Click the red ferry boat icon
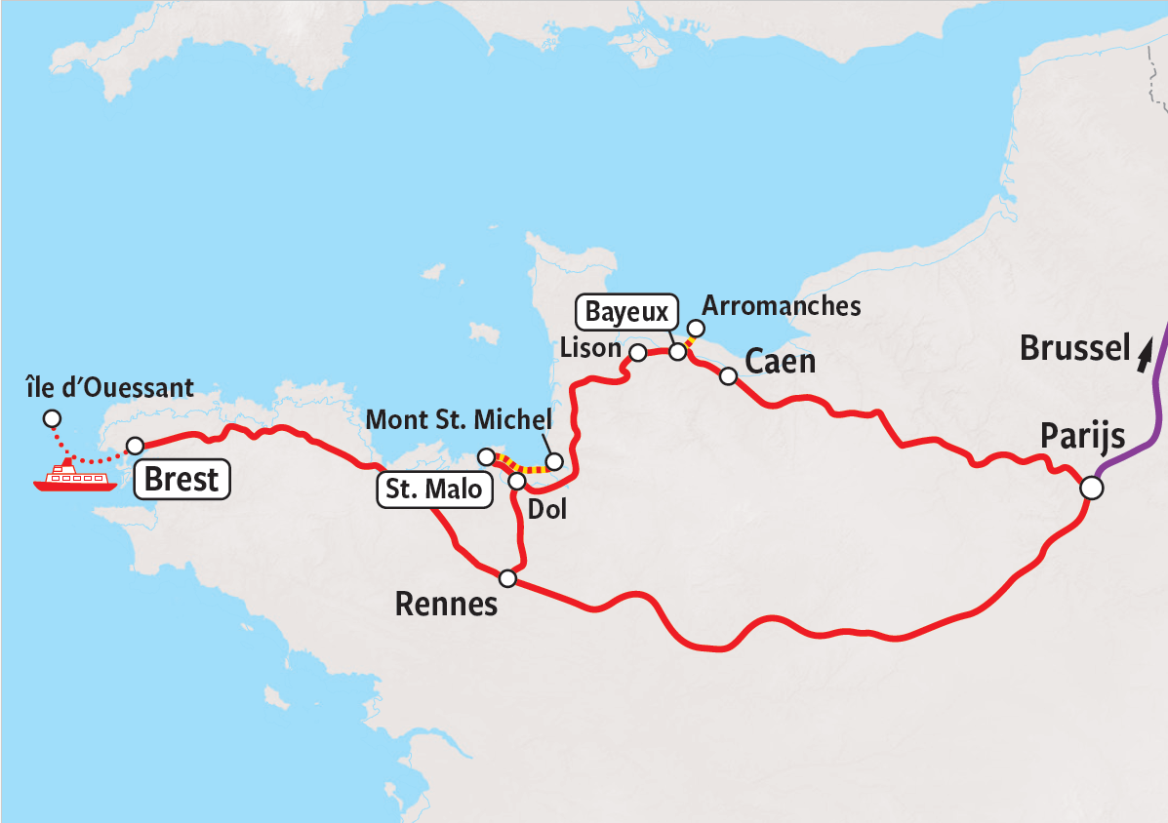point(68,478)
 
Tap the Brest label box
point(181,480)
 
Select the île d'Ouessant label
point(110,390)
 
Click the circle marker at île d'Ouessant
point(50,419)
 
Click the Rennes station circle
point(507,578)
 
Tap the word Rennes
point(446,605)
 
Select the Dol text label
point(546,508)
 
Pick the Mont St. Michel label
point(459,420)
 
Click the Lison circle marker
point(637,353)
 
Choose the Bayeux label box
point(627,313)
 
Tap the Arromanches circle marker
point(696,328)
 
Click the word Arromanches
point(782,306)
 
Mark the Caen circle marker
point(728,376)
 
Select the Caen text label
point(780,362)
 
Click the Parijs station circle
point(1091,487)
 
